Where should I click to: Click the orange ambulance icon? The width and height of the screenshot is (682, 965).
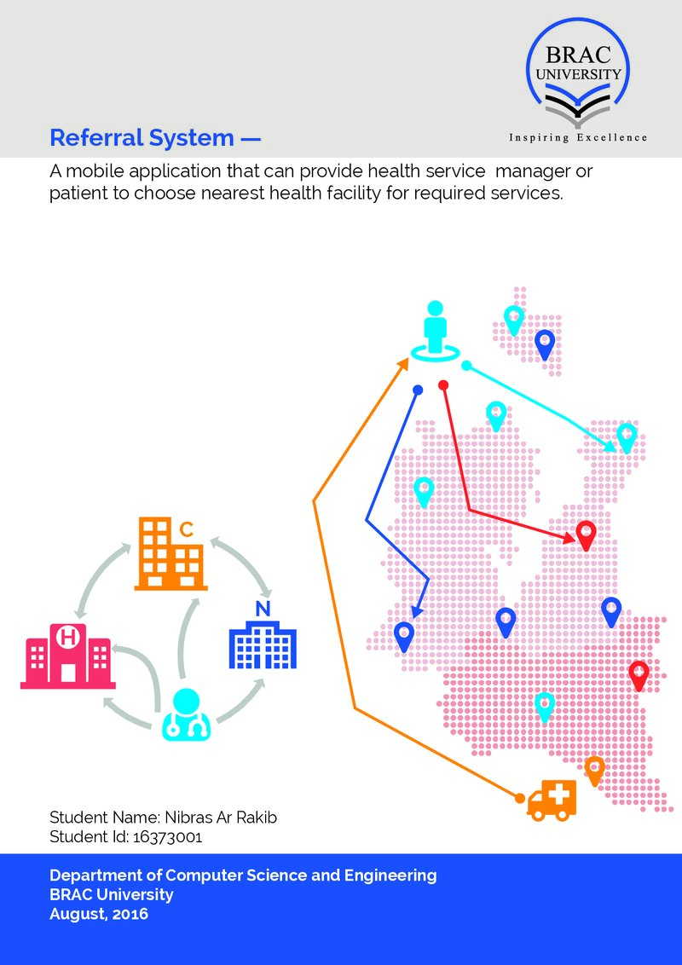[552, 800]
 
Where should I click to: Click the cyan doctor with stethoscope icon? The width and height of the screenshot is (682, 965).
[187, 714]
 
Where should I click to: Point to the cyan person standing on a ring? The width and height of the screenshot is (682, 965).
[435, 332]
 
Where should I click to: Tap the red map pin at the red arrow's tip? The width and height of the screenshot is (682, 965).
[586, 535]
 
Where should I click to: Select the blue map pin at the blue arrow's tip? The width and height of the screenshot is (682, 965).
[404, 636]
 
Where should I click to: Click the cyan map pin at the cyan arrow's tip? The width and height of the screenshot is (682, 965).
[627, 438]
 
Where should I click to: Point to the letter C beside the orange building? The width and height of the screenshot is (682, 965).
[187, 529]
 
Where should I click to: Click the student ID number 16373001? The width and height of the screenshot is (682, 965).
[167, 837]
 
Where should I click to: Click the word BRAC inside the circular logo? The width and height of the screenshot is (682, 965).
[578, 55]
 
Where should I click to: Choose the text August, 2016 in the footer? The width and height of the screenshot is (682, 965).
[99, 914]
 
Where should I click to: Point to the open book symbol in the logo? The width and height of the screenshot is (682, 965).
[577, 105]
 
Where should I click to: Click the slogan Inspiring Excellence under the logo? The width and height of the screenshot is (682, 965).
[578, 138]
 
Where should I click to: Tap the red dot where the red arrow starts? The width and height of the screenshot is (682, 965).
[443, 385]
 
